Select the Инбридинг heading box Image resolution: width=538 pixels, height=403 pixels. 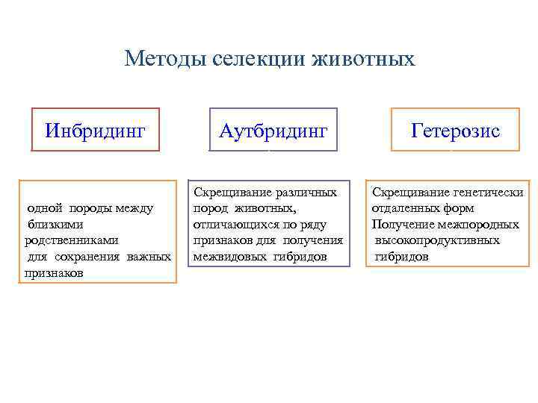tap(95, 131)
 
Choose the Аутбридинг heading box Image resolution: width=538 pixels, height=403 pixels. tap(273, 131)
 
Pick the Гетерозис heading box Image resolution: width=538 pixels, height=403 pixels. tap(455, 131)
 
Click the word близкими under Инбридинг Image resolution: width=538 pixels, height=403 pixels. tap(56, 224)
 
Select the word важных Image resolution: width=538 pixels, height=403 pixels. tap(152, 257)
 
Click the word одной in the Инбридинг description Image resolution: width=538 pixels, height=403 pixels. tap(44, 207)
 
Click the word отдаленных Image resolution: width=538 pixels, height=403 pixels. tap(405, 208)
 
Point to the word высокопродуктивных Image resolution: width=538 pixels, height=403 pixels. tap(437, 240)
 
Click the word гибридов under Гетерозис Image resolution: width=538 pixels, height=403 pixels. tap(402, 257)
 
